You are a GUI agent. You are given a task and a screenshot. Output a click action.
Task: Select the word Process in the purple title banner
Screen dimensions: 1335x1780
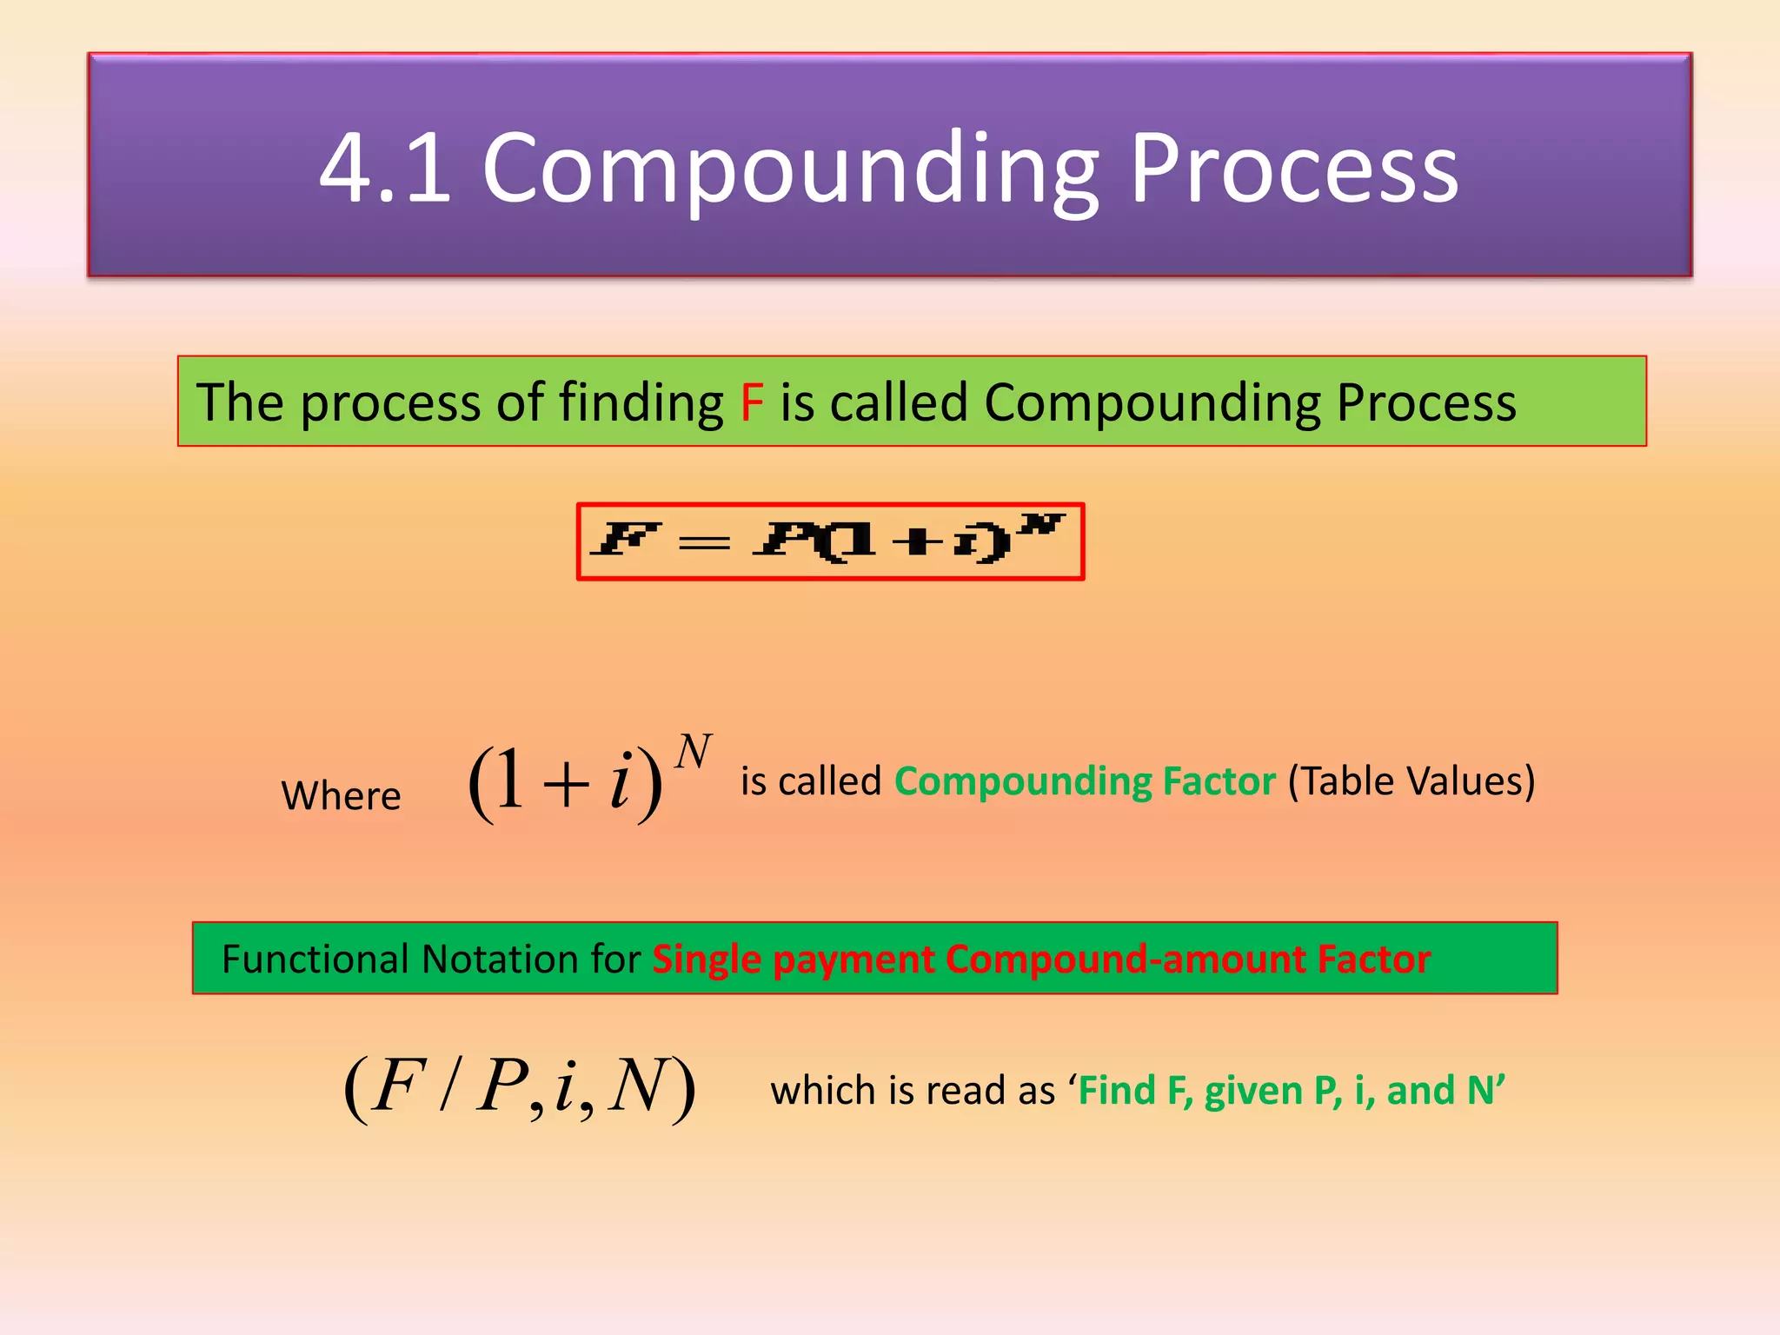(x=1294, y=169)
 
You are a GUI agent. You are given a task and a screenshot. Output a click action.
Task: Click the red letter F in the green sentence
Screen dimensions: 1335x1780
(x=752, y=402)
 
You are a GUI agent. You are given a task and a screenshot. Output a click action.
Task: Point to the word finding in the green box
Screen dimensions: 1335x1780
(x=641, y=403)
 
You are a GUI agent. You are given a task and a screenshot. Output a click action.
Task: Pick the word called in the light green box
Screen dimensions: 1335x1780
(x=899, y=402)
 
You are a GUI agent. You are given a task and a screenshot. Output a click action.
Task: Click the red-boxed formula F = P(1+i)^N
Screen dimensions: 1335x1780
(x=830, y=541)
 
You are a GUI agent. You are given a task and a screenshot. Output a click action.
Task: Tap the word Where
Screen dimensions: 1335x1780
(x=341, y=795)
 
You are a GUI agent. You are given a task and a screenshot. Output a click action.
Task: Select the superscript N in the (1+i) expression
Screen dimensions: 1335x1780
(x=694, y=752)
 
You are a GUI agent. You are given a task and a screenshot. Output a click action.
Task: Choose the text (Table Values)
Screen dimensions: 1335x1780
(x=1411, y=780)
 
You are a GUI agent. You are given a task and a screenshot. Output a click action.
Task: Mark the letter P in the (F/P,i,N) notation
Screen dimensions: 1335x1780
(x=501, y=1086)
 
